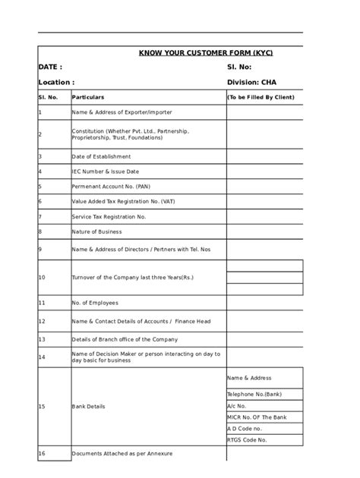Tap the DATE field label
pos(50,68)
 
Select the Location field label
pos(56,82)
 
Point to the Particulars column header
pos(88,98)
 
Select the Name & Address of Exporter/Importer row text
pos(122,112)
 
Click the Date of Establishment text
pos(101,156)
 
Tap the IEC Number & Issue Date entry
pos(106,171)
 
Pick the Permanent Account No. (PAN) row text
pos(111,186)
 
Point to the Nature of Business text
pos(96,231)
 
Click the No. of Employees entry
pos(95,302)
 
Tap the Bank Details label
pos(88,407)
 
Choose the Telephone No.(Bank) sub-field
pos(254,395)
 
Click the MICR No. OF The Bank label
pos(257,417)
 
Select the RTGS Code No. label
pos(247,439)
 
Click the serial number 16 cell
pos(42,454)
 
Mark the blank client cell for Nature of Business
pos(264,231)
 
